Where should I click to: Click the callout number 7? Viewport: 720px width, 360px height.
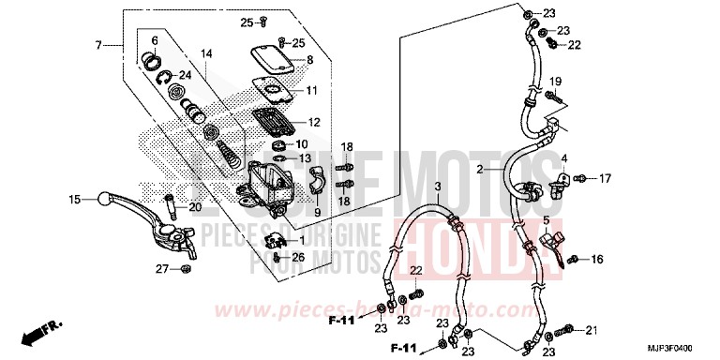point(97,45)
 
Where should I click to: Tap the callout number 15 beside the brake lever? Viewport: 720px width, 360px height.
point(74,199)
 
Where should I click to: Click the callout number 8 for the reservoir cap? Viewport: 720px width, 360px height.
point(309,61)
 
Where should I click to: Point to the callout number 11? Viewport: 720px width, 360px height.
point(311,90)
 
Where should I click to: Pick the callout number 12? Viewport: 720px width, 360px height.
point(313,122)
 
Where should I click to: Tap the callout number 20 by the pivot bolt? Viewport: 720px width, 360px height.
point(195,207)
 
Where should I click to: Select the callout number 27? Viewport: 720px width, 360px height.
point(162,270)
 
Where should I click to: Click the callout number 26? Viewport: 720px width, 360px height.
point(298,257)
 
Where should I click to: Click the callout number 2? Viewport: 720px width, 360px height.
point(505,170)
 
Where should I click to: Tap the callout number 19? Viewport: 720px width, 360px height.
point(555,81)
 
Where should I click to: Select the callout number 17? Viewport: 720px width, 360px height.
point(604,177)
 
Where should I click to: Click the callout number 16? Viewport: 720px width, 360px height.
point(598,260)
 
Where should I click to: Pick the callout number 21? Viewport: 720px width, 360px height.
point(591,329)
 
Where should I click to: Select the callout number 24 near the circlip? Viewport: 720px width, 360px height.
point(185,76)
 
